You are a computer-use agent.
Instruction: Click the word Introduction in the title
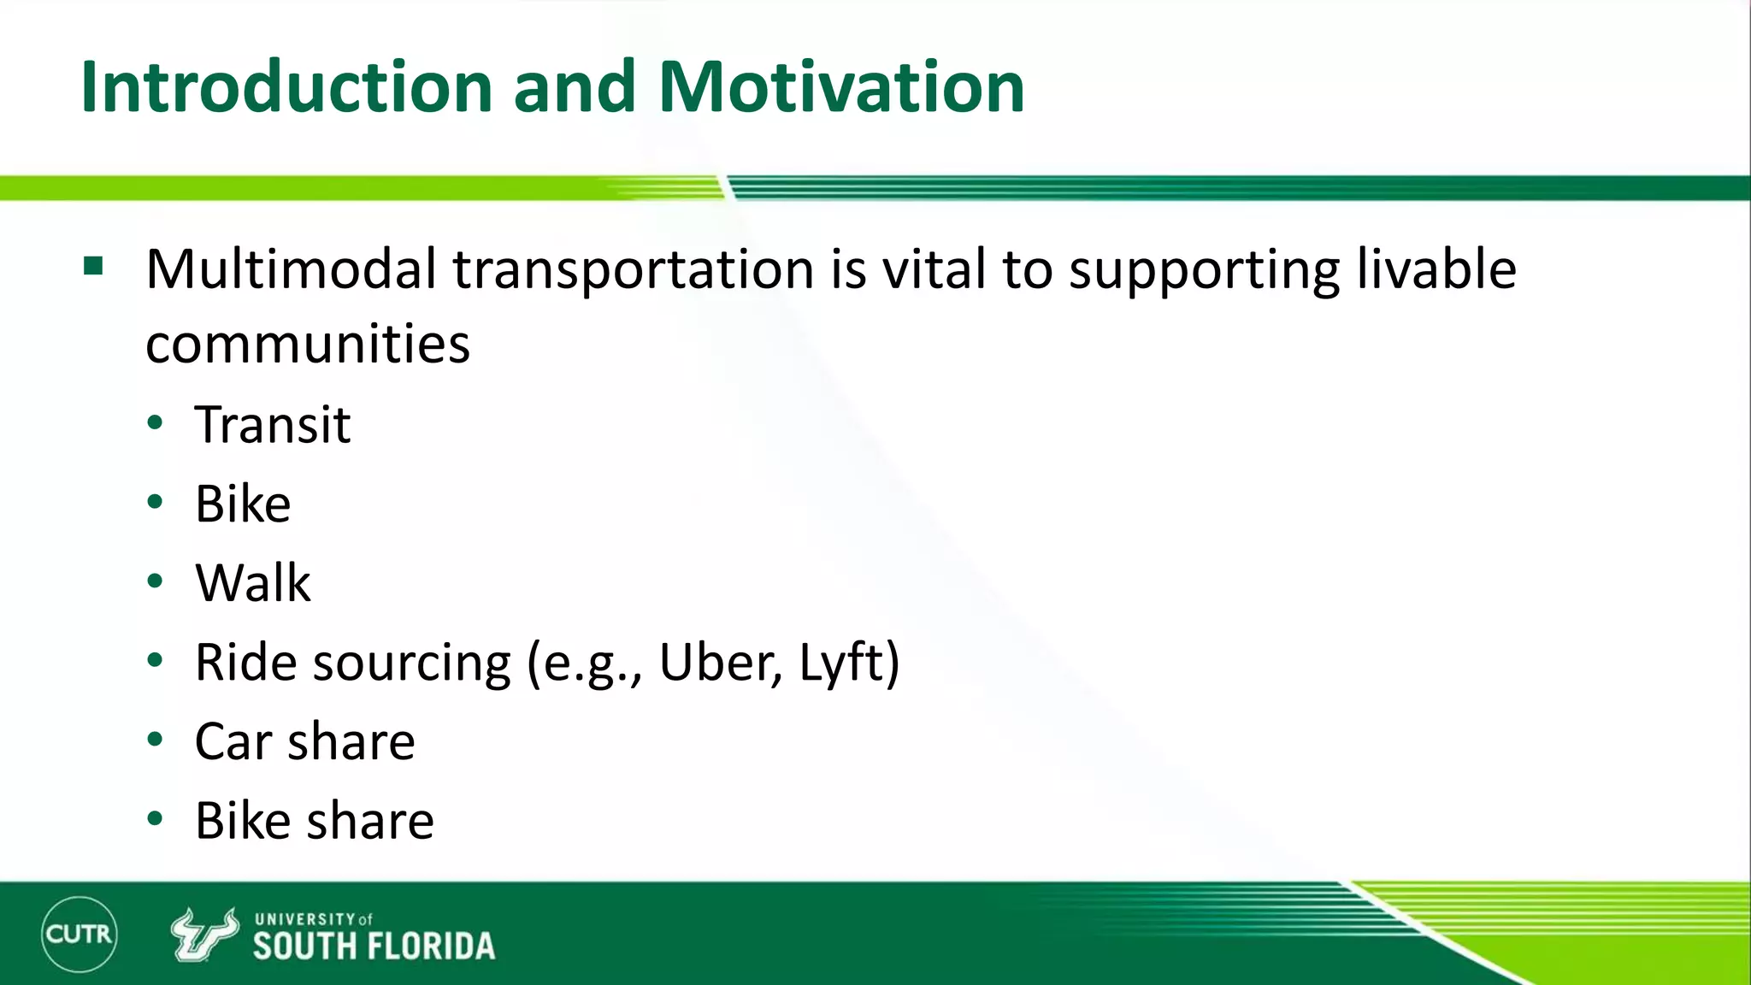(x=286, y=87)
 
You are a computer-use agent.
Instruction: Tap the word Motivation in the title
(x=841, y=87)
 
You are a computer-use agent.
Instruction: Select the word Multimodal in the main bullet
(x=291, y=269)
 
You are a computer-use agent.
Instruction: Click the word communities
(x=308, y=344)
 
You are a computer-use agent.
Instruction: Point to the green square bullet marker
(x=93, y=266)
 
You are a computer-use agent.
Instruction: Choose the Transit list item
(x=273, y=424)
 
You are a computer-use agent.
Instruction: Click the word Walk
(x=252, y=583)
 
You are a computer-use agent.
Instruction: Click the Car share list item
(x=304, y=741)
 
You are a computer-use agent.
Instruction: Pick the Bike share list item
(x=314, y=821)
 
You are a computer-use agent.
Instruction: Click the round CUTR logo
(x=79, y=934)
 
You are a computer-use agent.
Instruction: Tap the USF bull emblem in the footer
(x=203, y=934)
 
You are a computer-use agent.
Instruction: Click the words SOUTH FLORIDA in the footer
(x=374, y=947)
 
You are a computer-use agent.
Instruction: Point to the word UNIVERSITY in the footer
(x=304, y=919)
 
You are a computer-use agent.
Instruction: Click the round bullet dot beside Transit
(x=155, y=422)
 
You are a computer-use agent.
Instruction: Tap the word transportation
(x=633, y=269)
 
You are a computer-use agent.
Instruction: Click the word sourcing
(x=412, y=663)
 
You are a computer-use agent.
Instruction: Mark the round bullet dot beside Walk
(x=155, y=581)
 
